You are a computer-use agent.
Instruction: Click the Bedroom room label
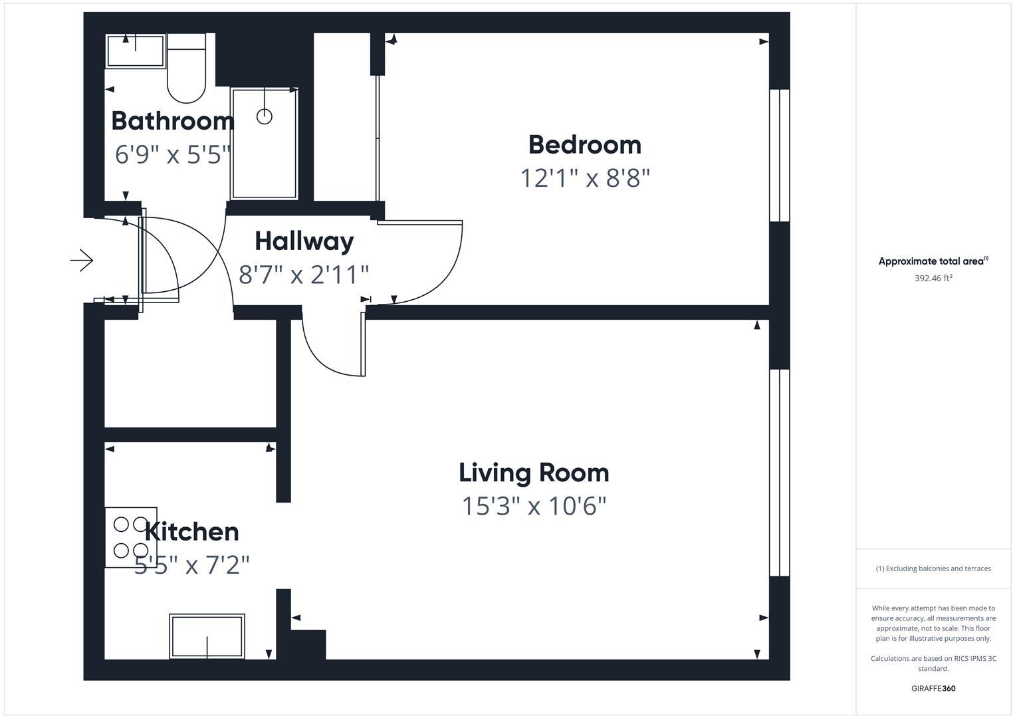pyautogui.click(x=584, y=145)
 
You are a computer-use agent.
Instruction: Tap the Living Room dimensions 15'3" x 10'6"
pyautogui.click(x=534, y=506)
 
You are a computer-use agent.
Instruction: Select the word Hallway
pyautogui.click(x=304, y=241)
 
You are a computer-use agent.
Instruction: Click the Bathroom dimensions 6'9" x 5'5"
pyautogui.click(x=172, y=155)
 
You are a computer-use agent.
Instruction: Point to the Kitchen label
pyautogui.click(x=191, y=531)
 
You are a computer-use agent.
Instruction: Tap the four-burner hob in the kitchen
pyautogui.click(x=131, y=537)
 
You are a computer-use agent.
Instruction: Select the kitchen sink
pyautogui.click(x=207, y=636)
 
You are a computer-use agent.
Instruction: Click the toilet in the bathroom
pyautogui.click(x=186, y=70)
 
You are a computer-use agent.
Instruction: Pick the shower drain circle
pyautogui.click(x=265, y=117)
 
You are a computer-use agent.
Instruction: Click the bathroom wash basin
pyautogui.click(x=136, y=51)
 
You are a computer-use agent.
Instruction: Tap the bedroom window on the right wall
pyautogui.click(x=779, y=155)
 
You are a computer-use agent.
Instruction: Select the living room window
pyautogui.click(x=779, y=472)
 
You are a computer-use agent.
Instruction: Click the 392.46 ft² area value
pyautogui.click(x=933, y=278)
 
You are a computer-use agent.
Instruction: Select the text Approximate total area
pyautogui.click(x=933, y=261)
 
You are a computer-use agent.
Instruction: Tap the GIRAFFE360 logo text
pyautogui.click(x=933, y=688)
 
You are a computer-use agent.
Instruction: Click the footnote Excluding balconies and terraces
pyautogui.click(x=933, y=568)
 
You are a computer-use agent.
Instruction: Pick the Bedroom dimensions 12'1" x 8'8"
pyautogui.click(x=584, y=178)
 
